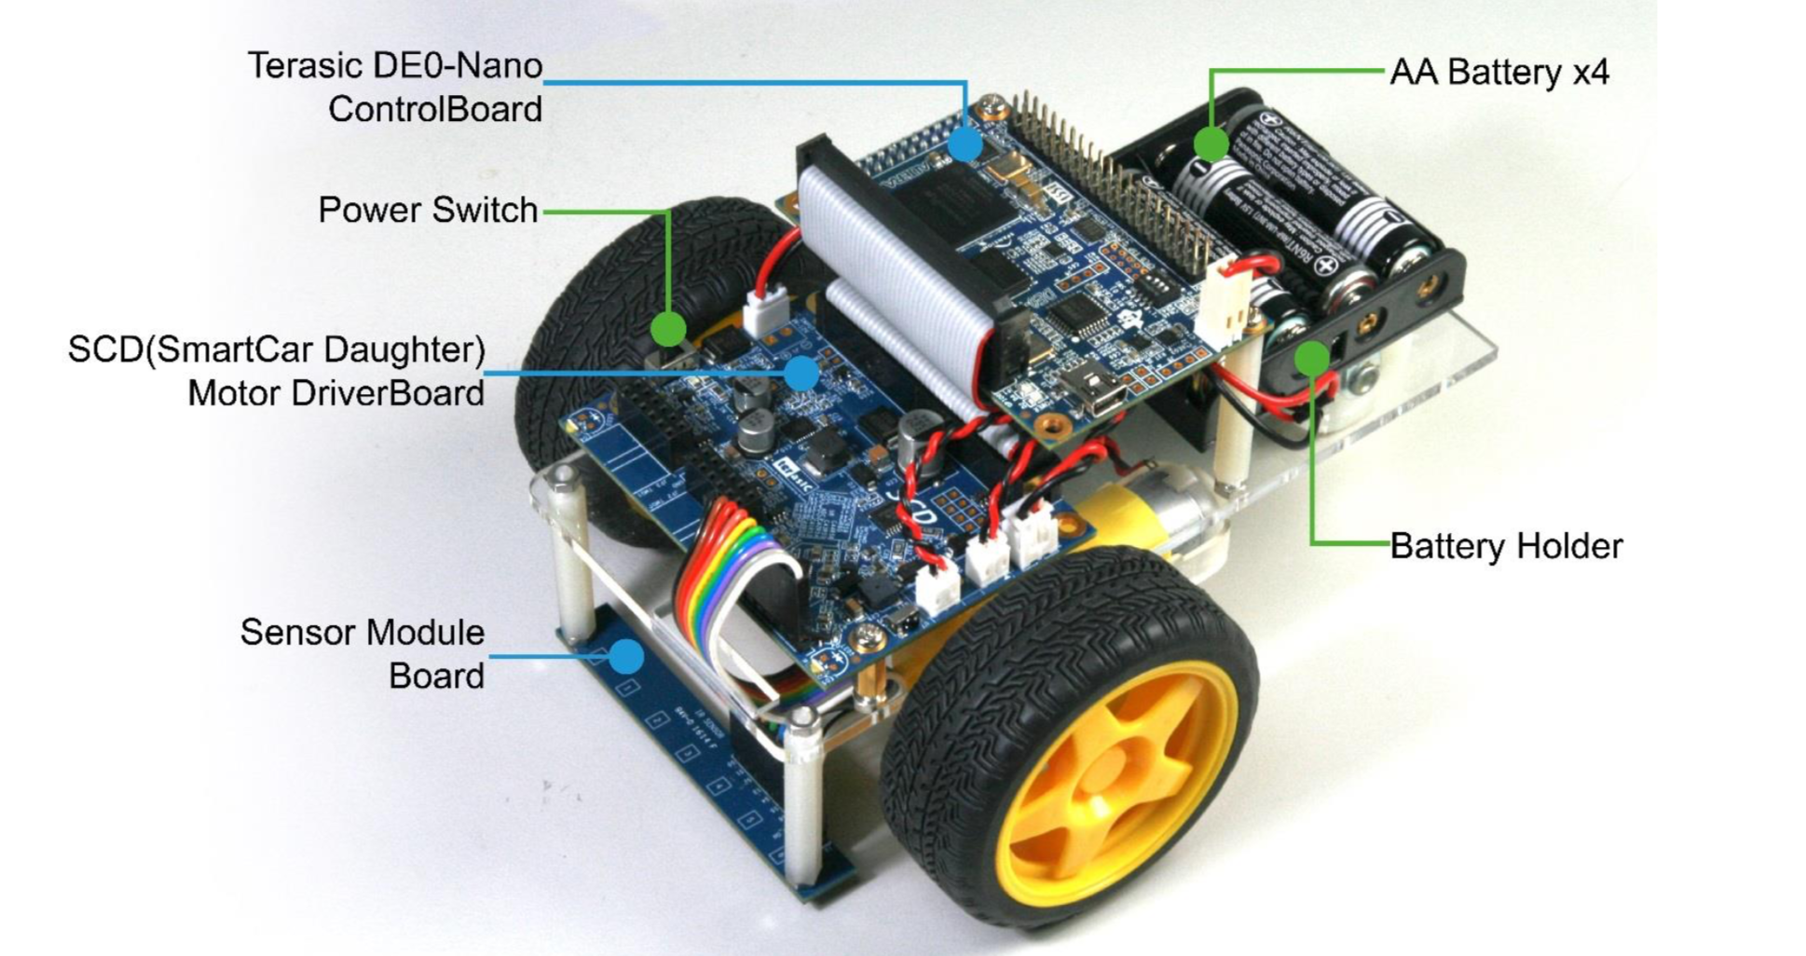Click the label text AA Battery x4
click(x=1498, y=73)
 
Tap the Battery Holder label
click(x=1505, y=546)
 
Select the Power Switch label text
click(x=428, y=211)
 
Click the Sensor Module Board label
click(x=363, y=653)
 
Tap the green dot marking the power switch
click(x=668, y=328)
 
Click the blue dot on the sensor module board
click(x=626, y=657)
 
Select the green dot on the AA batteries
click(x=1211, y=143)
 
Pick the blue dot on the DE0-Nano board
click(x=965, y=144)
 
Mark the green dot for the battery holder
click(x=1311, y=359)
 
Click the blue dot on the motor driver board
click(x=800, y=374)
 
